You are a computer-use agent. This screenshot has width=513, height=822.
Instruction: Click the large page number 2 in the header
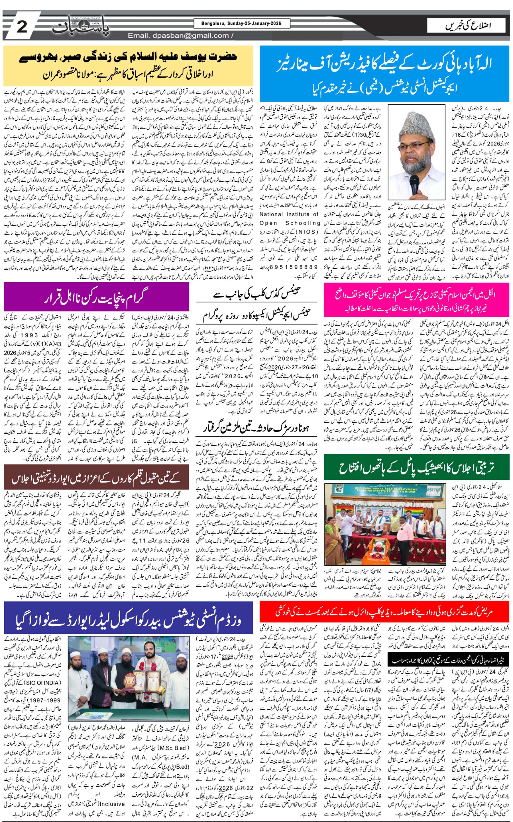21,27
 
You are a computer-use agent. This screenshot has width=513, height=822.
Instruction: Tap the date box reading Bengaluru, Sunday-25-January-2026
242,23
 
